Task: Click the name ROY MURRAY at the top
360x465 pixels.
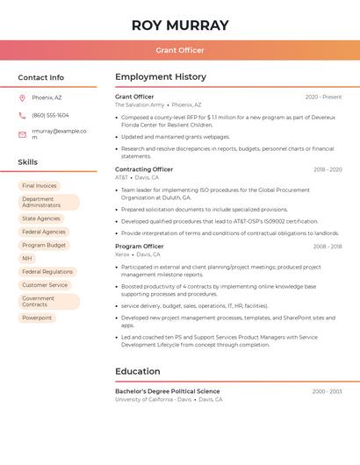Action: (179, 25)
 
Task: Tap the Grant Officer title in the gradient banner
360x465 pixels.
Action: (179, 50)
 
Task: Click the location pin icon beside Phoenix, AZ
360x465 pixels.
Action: (22, 97)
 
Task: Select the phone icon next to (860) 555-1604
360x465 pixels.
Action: (22, 115)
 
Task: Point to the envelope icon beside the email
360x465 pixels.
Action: (22, 134)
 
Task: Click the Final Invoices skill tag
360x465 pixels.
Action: (40, 186)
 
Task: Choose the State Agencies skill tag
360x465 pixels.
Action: (41, 218)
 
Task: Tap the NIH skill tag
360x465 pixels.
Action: (27, 259)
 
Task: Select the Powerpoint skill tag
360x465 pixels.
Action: (37, 318)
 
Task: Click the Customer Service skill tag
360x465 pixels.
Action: (45, 285)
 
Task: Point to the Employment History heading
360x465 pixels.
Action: (161, 77)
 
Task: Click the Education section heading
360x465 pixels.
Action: (137, 371)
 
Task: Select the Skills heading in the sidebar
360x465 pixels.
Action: (28, 162)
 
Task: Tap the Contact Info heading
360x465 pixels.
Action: (41, 77)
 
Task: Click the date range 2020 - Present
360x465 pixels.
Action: (323, 97)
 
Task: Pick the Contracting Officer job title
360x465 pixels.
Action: (144, 169)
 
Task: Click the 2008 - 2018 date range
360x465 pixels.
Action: (328, 247)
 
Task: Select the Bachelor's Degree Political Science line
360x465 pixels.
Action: (168, 391)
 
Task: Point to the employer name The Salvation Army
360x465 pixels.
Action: (140, 104)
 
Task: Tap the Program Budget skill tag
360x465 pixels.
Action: (44, 246)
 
